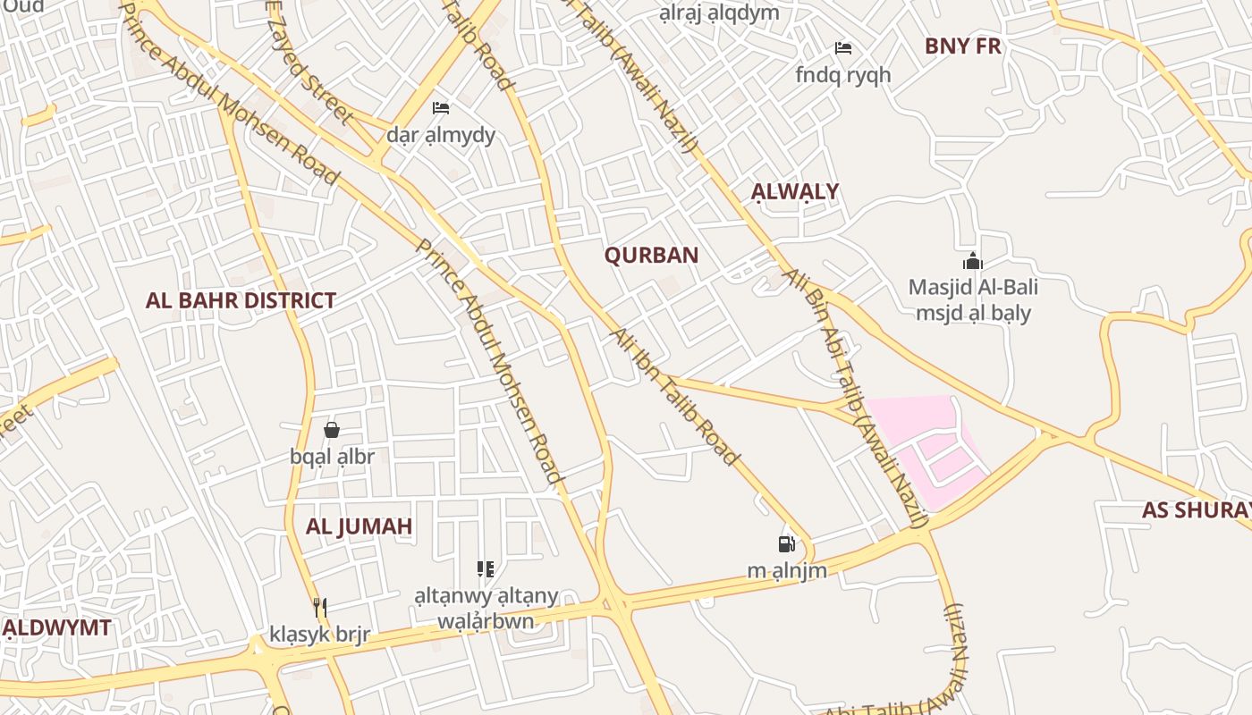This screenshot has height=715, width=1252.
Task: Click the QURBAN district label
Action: [x=651, y=255]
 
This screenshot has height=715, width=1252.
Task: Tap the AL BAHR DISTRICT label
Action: [x=241, y=300]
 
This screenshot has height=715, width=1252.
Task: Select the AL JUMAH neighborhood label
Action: [x=359, y=526]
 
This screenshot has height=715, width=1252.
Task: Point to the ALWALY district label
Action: [x=795, y=191]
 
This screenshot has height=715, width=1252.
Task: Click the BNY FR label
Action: [x=962, y=46]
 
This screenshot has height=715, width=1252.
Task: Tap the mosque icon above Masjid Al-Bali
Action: [x=973, y=261]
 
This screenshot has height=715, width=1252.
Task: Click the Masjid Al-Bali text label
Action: [x=973, y=288]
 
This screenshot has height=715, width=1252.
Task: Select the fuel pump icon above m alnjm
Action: [x=786, y=543]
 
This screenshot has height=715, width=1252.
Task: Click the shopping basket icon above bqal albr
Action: [x=332, y=430]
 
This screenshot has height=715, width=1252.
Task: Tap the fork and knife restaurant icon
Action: [x=319, y=608]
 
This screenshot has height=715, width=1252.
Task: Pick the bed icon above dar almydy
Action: [x=441, y=108]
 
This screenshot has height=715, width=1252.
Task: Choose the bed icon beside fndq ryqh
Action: [x=842, y=48]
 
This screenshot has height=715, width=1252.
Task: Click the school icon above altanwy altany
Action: [x=486, y=568]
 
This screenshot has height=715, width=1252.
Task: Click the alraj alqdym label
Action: [x=719, y=13]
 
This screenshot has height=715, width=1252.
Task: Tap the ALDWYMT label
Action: [x=58, y=627]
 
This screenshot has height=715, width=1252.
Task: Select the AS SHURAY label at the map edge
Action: [x=1197, y=510]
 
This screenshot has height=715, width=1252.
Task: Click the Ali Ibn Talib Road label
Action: [x=675, y=397]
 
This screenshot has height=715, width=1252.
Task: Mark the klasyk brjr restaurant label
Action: [x=319, y=635]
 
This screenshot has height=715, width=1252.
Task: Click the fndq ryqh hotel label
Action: [x=842, y=75]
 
